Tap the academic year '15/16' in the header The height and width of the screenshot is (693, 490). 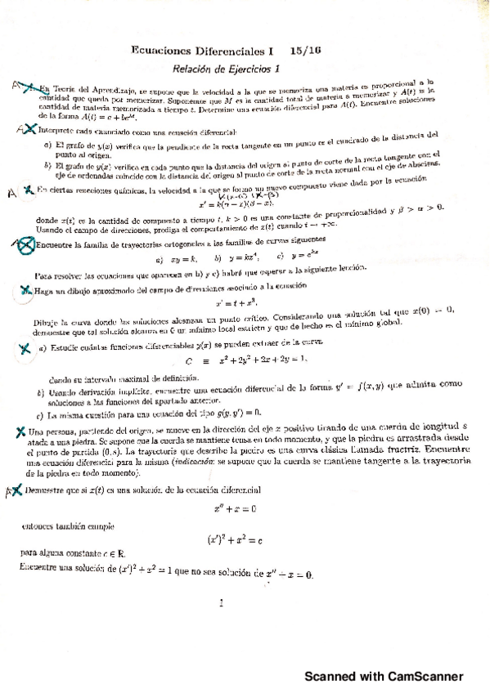(304, 51)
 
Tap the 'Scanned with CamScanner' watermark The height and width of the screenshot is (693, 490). (384, 677)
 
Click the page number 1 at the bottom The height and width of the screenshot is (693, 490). (221, 605)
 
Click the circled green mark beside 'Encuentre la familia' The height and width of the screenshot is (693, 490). (25, 243)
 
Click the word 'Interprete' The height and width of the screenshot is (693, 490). (52, 131)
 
